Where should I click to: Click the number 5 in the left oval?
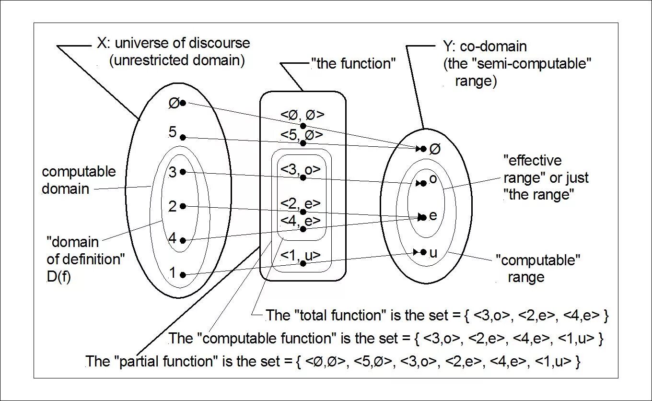point(173,132)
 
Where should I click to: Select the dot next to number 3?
point(183,172)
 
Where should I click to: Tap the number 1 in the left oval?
point(173,273)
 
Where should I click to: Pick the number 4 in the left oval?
point(173,238)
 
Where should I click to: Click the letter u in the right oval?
point(433,253)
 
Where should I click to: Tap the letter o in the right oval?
point(433,179)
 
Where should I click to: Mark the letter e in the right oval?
point(433,216)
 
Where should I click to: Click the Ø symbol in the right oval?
point(435,149)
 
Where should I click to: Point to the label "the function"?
point(353,64)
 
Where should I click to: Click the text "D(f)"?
point(58,277)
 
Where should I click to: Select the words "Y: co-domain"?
point(485,47)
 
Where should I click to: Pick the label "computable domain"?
point(79,180)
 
